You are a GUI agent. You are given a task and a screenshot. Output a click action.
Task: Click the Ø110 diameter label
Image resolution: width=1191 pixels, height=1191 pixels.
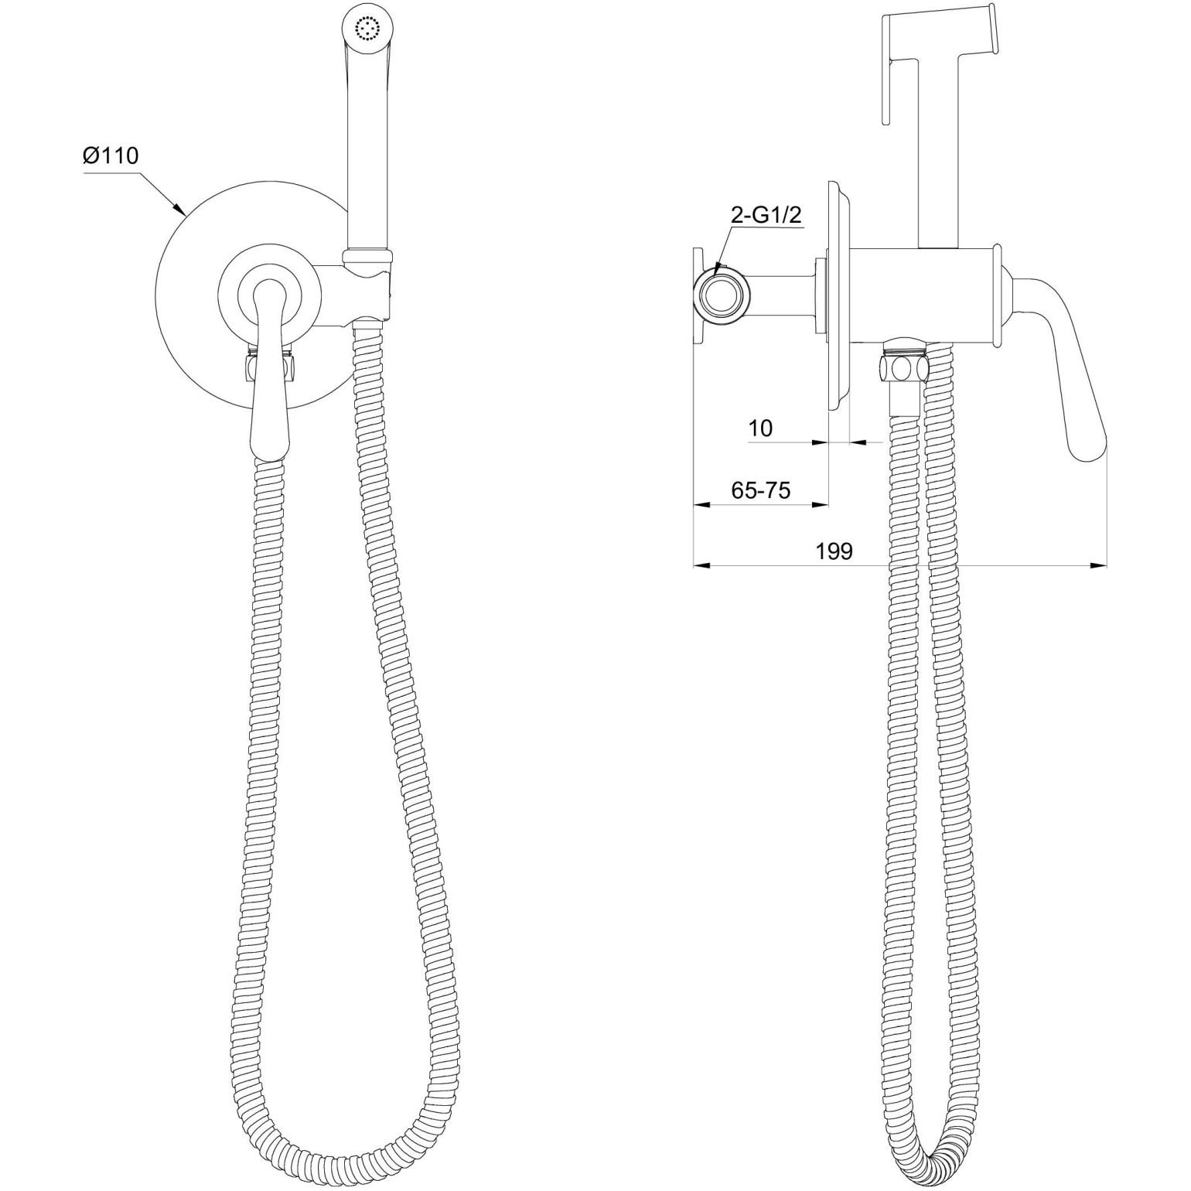tap(111, 156)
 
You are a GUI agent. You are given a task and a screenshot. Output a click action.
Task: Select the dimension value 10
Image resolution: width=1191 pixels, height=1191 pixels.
tap(761, 428)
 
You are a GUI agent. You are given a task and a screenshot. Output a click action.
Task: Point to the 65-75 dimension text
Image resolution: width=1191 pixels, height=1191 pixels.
tap(761, 490)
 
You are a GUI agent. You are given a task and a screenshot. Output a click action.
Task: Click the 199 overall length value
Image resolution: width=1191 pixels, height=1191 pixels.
tap(834, 551)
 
